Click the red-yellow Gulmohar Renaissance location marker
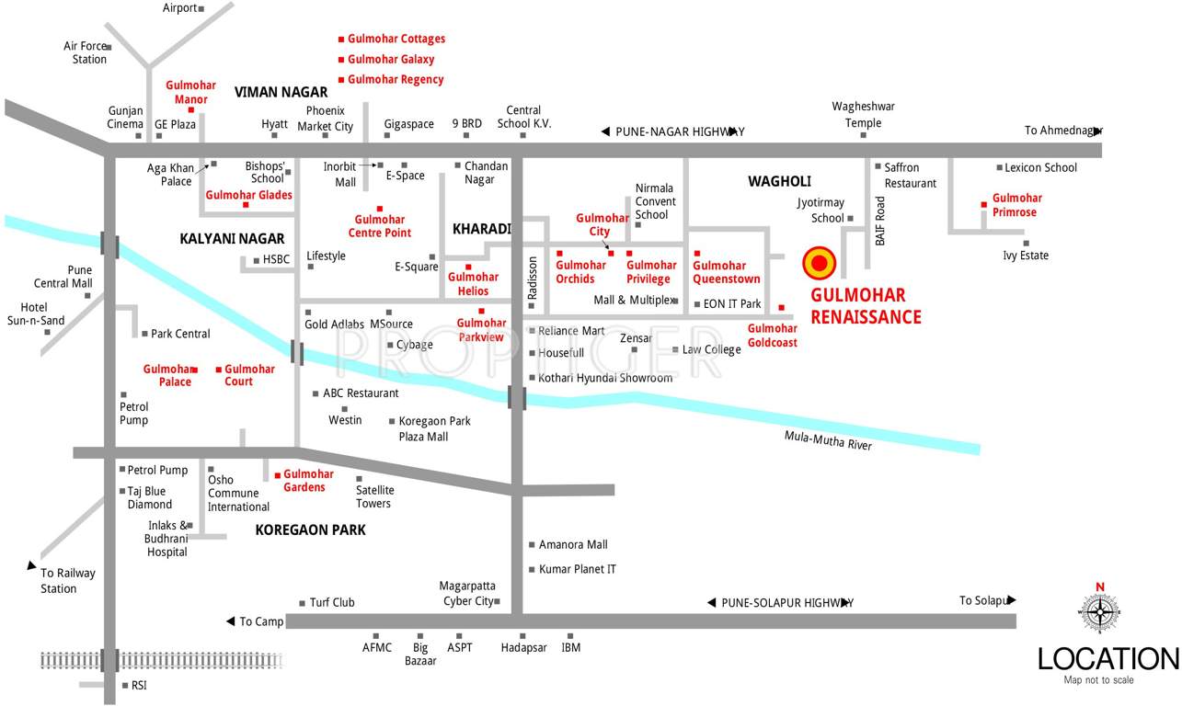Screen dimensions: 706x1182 819,264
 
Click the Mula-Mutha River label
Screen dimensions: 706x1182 828,440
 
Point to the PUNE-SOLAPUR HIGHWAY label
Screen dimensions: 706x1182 786,603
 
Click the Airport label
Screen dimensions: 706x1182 179,8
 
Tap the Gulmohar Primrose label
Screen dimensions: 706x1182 1016,205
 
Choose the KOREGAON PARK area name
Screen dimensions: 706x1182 310,529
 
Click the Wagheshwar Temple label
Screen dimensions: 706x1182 863,115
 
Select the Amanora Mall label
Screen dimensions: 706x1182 572,545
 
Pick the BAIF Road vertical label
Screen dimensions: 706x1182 880,221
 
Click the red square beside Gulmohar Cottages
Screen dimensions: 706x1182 341,40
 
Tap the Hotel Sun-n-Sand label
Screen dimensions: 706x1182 36,313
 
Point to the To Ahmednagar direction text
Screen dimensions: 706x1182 1062,131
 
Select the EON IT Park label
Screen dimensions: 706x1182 731,303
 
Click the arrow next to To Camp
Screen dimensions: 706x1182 230,621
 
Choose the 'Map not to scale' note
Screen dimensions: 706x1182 1098,680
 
